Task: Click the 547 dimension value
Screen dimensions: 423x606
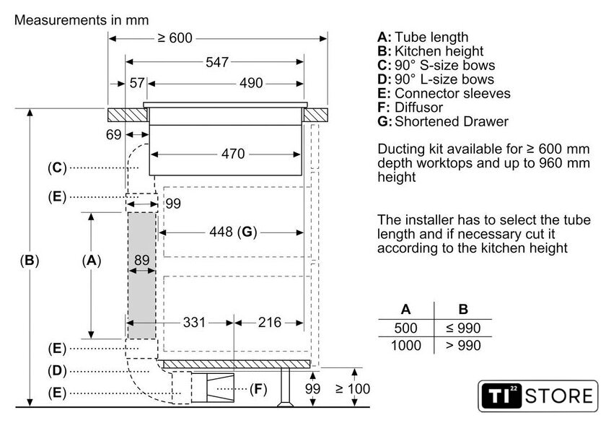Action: pyautogui.click(x=216, y=62)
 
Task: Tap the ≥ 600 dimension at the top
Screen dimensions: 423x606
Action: pyautogui.click(x=174, y=38)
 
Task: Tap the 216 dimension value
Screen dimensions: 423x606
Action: pyautogui.click(x=268, y=322)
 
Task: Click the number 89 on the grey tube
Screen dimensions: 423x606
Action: pyautogui.click(x=141, y=260)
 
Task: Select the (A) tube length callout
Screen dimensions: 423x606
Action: pyautogui.click(x=91, y=260)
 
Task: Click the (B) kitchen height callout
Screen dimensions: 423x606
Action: pyautogui.click(x=29, y=260)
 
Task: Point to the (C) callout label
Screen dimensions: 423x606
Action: pyautogui.click(x=57, y=167)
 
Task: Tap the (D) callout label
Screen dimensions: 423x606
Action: pyautogui.click(x=57, y=371)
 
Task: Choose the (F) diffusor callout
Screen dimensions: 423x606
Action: pyautogui.click(x=258, y=390)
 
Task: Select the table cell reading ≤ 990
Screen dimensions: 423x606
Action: pyautogui.click(x=463, y=328)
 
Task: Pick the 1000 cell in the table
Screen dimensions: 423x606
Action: pyautogui.click(x=406, y=346)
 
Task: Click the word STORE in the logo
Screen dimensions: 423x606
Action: pyautogui.click(x=560, y=396)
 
